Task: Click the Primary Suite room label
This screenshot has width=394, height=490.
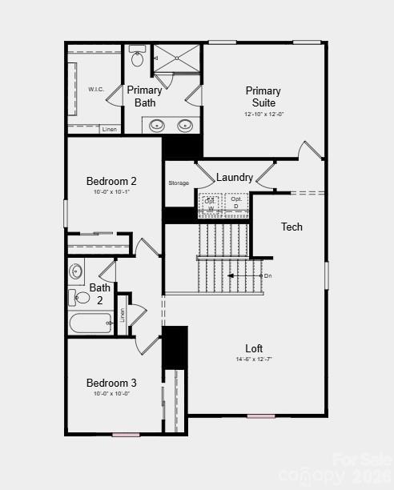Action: tap(263, 97)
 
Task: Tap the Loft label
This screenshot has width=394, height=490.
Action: tap(254, 348)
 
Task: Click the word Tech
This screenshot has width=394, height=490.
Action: tap(291, 227)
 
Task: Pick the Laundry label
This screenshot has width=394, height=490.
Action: tap(235, 177)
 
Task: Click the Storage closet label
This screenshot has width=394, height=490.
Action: tap(179, 183)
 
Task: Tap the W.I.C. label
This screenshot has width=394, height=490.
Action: tap(96, 90)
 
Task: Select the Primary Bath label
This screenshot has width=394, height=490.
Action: tap(144, 96)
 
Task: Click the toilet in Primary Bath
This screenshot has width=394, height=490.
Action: tap(137, 58)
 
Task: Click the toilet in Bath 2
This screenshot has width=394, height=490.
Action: tap(82, 298)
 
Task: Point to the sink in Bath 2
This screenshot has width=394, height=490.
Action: tap(76, 271)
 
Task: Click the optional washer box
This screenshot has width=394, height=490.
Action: tap(211, 203)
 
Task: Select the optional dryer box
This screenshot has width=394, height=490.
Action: tap(236, 203)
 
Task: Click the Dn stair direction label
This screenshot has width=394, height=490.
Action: tap(268, 275)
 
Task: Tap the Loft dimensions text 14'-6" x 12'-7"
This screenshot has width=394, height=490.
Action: tap(254, 359)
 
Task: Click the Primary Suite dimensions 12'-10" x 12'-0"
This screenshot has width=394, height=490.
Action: tap(263, 114)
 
